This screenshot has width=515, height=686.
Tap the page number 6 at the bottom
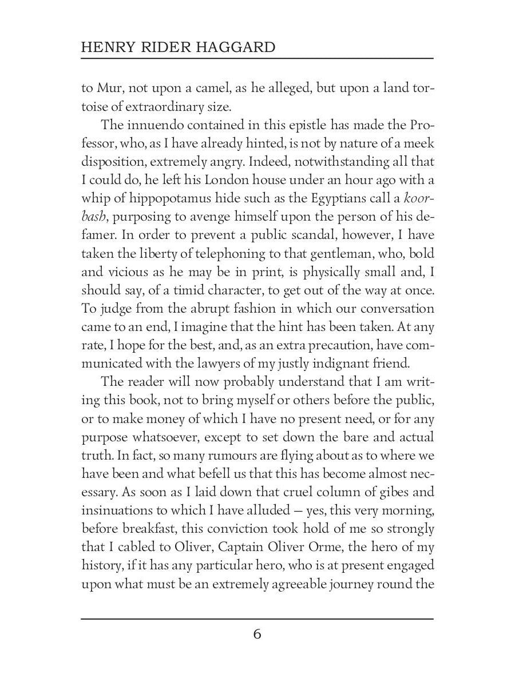257,635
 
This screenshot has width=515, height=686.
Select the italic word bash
94,217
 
